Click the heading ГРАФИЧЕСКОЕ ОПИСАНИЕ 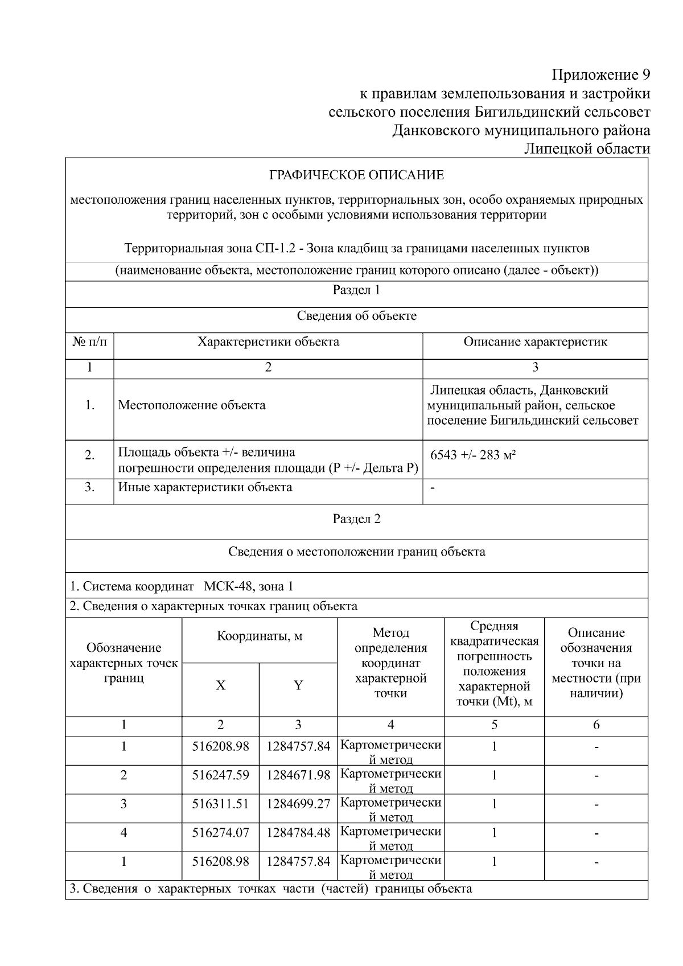tap(356, 175)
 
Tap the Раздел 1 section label tap(356, 290)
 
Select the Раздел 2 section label tap(356, 519)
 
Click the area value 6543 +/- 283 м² tap(473, 455)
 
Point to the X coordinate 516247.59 tap(220, 775)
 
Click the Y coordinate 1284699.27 tap(298, 804)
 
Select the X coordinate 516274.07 tap(220, 833)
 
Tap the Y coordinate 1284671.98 tap(298, 775)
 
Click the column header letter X tap(220, 685)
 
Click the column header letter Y tap(298, 685)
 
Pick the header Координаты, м tap(260, 636)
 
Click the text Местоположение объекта tap(191, 405)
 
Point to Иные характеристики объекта tap(205, 487)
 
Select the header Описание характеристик tap(535, 342)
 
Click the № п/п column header tap(89, 342)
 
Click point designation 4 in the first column tap(124, 833)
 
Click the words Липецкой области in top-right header tap(586, 149)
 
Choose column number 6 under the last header tap(596, 725)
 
